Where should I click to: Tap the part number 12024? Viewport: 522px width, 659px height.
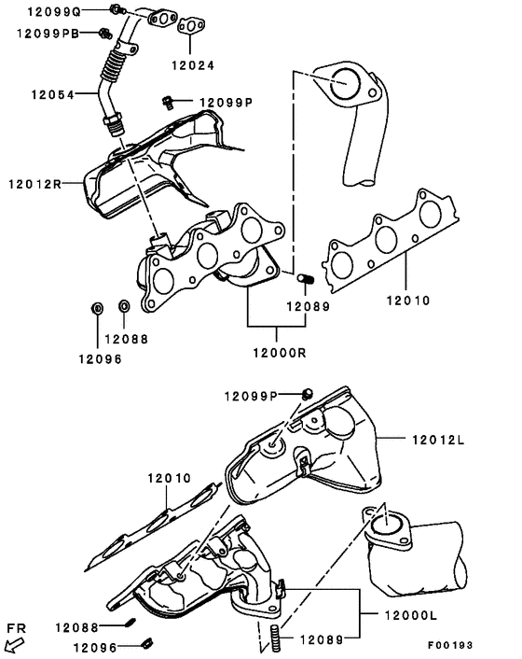tap(192, 65)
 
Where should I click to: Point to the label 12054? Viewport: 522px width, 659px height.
tap(51, 94)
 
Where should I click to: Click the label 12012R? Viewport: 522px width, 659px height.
tap(34, 184)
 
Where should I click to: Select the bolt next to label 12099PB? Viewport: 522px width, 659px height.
tap(103, 34)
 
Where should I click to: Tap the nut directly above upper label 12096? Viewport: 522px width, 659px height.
tap(98, 307)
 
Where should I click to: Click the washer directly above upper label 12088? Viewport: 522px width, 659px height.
tap(124, 306)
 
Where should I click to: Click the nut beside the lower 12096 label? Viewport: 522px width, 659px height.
tap(146, 641)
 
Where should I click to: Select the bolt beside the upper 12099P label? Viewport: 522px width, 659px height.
tap(168, 101)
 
